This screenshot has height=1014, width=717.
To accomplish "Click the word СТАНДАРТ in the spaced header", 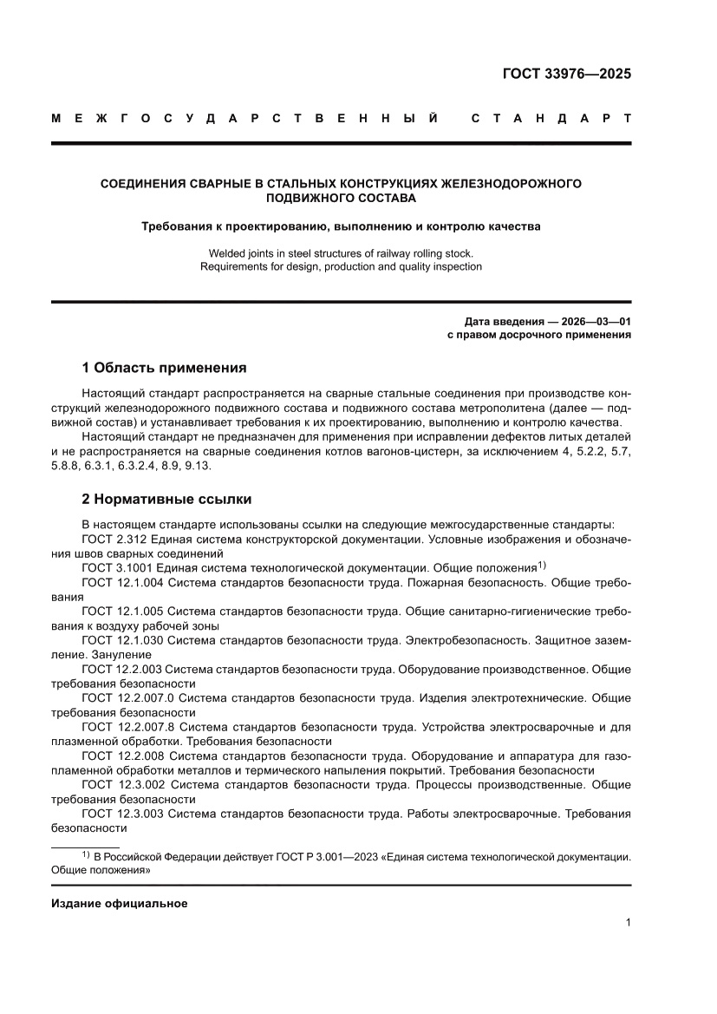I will coord(551,117).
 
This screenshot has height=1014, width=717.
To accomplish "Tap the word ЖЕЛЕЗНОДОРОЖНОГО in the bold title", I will coord(511,183).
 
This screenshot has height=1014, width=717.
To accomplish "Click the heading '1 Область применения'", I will coord(164,367).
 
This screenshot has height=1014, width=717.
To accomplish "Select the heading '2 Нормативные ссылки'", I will coord(166,500).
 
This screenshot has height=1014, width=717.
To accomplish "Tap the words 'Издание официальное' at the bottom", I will coord(120,903).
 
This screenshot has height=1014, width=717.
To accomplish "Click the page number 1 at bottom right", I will coord(627,923).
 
